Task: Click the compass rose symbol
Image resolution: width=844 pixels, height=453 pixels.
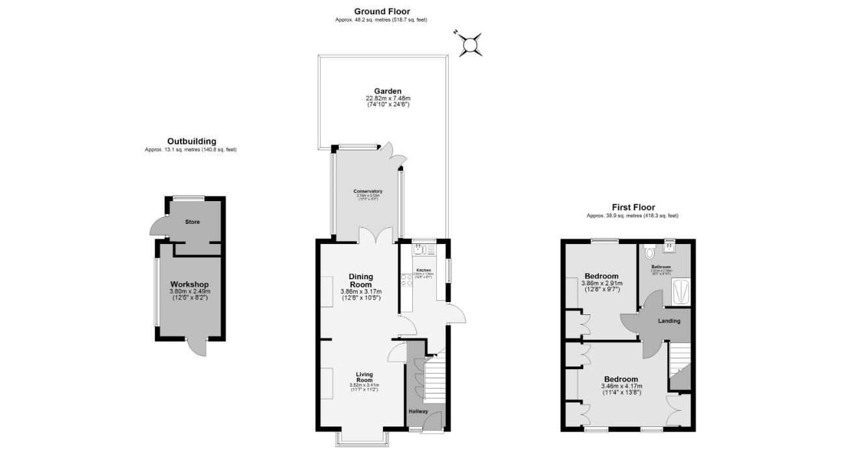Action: [469, 44]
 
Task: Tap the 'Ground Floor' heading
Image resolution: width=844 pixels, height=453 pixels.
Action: [382, 11]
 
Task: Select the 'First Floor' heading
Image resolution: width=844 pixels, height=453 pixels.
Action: [632, 207]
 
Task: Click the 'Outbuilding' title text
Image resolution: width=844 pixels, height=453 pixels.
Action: [191, 141]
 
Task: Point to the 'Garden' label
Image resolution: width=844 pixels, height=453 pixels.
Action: [387, 91]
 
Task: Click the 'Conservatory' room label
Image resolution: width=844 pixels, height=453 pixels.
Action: [367, 191]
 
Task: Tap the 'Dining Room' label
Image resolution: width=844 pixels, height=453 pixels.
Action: [360, 281]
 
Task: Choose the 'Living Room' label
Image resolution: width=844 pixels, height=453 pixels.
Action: [364, 377]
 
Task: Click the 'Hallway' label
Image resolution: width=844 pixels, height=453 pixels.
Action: [418, 411]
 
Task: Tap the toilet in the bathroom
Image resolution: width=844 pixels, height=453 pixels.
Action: [647, 253]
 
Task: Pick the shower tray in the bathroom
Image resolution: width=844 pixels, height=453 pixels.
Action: [681, 291]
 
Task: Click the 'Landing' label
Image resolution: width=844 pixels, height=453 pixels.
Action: [669, 321]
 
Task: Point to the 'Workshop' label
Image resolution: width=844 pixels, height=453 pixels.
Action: [189, 284]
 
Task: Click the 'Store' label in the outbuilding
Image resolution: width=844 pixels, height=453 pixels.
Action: [192, 222]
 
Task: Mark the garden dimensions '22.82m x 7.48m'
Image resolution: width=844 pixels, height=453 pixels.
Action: [388, 98]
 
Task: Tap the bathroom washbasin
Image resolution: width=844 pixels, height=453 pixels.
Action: [669, 247]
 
